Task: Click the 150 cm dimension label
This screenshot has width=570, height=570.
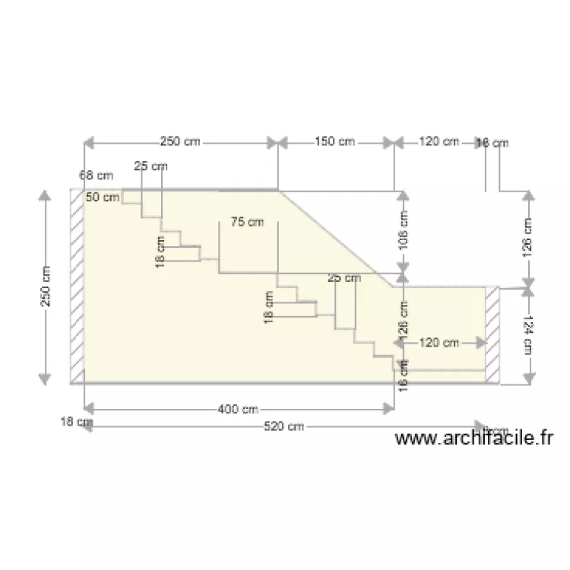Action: [x=335, y=141]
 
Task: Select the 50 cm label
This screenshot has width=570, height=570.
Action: [x=103, y=198]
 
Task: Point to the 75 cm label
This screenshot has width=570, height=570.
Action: [x=246, y=222]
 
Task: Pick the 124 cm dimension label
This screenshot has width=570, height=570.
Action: [x=529, y=335]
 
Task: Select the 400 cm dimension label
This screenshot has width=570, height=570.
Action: [x=238, y=410]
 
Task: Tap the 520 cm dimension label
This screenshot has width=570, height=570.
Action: [x=283, y=427]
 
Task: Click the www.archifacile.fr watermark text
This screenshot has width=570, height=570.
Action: [x=475, y=439]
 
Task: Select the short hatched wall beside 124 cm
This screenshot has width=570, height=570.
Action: [x=493, y=335]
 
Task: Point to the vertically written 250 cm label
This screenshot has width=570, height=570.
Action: [x=46, y=286]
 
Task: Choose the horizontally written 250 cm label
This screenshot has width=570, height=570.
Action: [x=181, y=141]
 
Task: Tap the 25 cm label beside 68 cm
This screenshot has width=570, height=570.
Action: [x=150, y=166]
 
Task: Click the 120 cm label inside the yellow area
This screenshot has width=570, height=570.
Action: [x=439, y=343]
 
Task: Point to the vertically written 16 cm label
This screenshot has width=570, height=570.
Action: [x=404, y=375]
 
